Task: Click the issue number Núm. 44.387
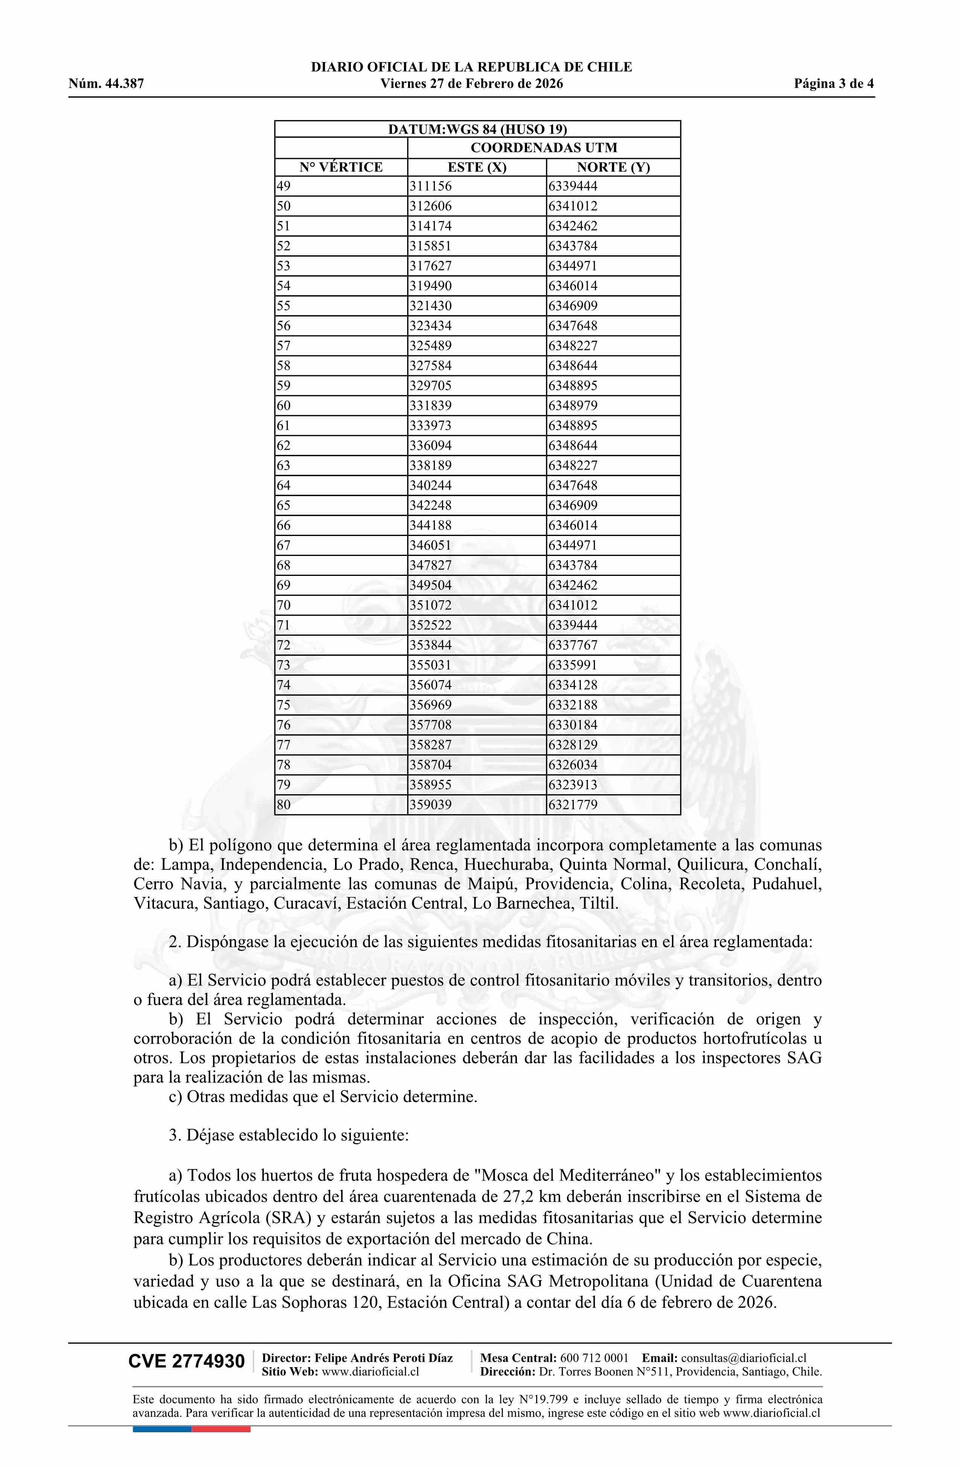pos(106,84)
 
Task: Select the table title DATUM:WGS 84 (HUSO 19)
pos(477,129)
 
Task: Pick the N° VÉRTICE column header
pos(341,167)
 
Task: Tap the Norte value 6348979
pos(573,406)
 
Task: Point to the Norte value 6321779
pos(573,805)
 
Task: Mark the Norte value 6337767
pos(573,645)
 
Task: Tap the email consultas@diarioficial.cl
pos(744,1358)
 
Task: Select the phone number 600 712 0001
pos(594,1358)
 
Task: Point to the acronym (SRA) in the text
pos(267,1218)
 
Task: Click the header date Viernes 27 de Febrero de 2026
pos(471,84)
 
